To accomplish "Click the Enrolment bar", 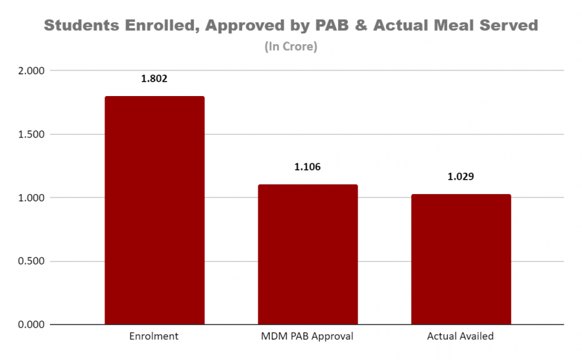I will point(155,211).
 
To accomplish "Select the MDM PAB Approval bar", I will point(308,255).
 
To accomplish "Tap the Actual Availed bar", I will point(460,259).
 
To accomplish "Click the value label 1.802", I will point(155,79).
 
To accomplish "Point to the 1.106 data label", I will point(308,167).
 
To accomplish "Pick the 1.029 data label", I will point(460,177).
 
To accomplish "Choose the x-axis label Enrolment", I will point(155,336).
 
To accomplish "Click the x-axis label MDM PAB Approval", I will point(308,336).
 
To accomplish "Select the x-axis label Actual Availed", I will point(460,336).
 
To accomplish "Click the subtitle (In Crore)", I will point(291,47).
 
